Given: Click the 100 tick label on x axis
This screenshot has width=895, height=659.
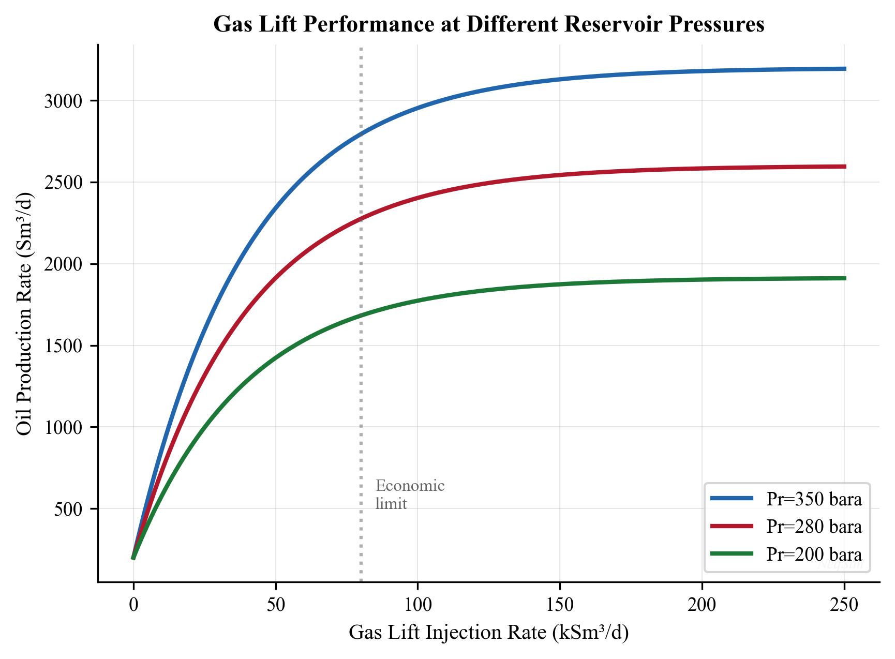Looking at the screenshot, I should tap(417, 604).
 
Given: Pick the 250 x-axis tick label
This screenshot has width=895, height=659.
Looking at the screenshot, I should tap(844, 604).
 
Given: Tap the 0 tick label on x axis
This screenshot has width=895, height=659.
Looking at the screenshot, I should tap(133, 604).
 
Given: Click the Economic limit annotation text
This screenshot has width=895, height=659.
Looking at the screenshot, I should tap(409, 495).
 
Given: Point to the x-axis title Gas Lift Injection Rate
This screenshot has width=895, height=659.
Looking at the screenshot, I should tap(488, 633).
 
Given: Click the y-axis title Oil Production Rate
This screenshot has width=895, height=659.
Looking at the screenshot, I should tap(24, 313).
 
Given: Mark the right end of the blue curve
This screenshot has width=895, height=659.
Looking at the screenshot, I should tap(844, 69).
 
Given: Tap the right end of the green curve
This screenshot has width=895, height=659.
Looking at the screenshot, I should tap(844, 278).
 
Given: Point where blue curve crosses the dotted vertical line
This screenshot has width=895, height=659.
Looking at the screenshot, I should tap(361, 134).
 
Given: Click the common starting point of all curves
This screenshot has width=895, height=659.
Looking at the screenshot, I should tap(133, 558).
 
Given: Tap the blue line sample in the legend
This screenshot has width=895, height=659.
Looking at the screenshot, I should tap(732, 499).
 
